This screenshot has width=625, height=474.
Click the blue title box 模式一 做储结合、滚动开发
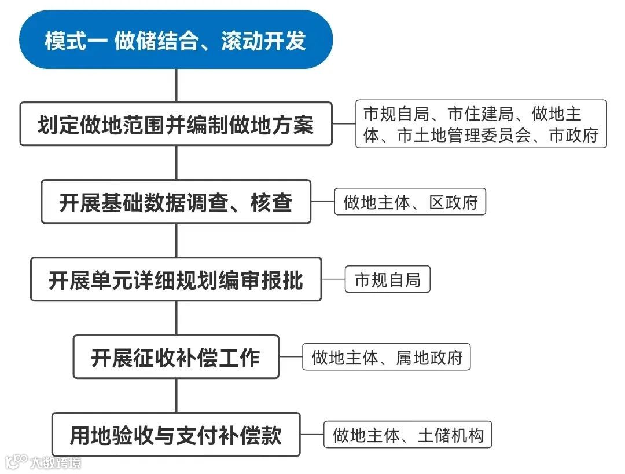pos(176,41)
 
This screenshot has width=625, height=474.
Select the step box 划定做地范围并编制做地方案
pos(176,124)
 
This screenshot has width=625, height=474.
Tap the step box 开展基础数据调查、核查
pos(176,202)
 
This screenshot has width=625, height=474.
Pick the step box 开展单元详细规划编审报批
pos(176,279)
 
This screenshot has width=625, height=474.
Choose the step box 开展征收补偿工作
pos(176,357)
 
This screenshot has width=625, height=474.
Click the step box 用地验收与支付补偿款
pos(176,435)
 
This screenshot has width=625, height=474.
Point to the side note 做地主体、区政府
pos(410,202)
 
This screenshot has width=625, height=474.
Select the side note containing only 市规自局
pos(387,280)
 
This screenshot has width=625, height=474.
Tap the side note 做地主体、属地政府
pos(387,358)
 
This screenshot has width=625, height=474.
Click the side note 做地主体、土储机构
pos(407,435)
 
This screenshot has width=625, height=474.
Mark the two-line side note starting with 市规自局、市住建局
pos(481,124)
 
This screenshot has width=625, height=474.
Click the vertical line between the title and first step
pos(176,85)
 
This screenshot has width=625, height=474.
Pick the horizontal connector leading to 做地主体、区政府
pos(322,202)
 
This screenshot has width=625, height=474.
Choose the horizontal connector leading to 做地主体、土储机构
pos(312,435)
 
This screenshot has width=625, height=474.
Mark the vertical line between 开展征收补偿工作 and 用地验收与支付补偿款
pos(176,395)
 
